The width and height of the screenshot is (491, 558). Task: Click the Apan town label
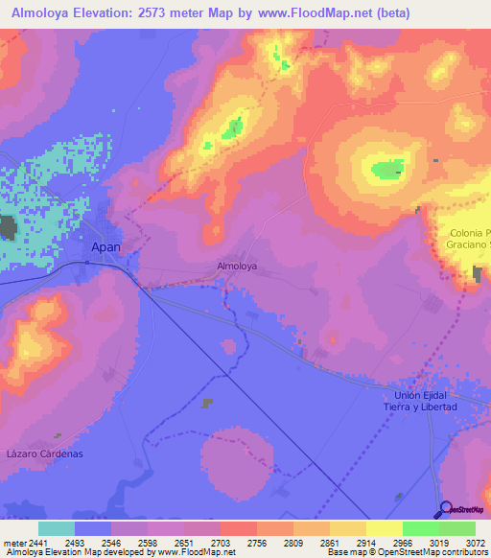click(x=105, y=246)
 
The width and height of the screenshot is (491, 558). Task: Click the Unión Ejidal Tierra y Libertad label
click(x=426, y=401)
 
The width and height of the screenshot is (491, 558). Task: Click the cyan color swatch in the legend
click(x=56, y=528)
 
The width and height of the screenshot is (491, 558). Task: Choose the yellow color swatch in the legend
click(x=383, y=528)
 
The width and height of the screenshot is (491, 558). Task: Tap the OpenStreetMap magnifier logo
click(x=446, y=509)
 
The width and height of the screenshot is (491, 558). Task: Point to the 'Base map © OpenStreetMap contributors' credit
click(x=407, y=552)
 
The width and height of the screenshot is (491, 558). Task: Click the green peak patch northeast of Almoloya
click(x=387, y=171)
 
